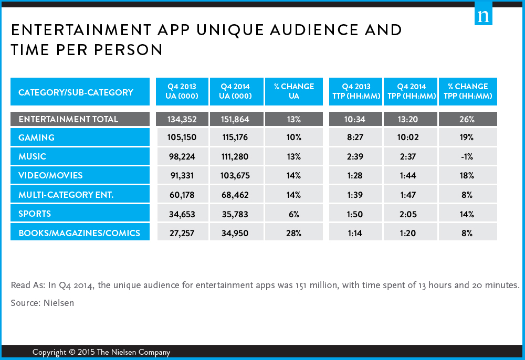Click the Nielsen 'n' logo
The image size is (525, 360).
[x=483, y=15]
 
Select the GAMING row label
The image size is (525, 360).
[x=36, y=137]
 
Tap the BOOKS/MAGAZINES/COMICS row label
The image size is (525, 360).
[x=79, y=232]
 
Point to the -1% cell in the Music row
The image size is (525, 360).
[x=467, y=156]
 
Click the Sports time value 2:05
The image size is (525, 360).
[x=410, y=214]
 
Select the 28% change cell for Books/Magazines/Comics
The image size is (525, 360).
[x=293, y=232]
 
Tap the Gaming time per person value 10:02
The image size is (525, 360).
[x=410, y=137]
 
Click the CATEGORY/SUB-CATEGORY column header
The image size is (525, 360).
[x=76, y=92]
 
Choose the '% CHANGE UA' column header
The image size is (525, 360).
[x=293, y=91]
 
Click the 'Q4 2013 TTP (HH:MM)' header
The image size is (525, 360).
[x=355, y=91]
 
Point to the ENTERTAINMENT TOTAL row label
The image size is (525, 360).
[x=68, y=119]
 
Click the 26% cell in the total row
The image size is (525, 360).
[x=467, y=119]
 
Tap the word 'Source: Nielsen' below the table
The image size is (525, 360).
[x=42, y=303]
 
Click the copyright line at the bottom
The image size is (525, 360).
[x=101, y=352]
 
